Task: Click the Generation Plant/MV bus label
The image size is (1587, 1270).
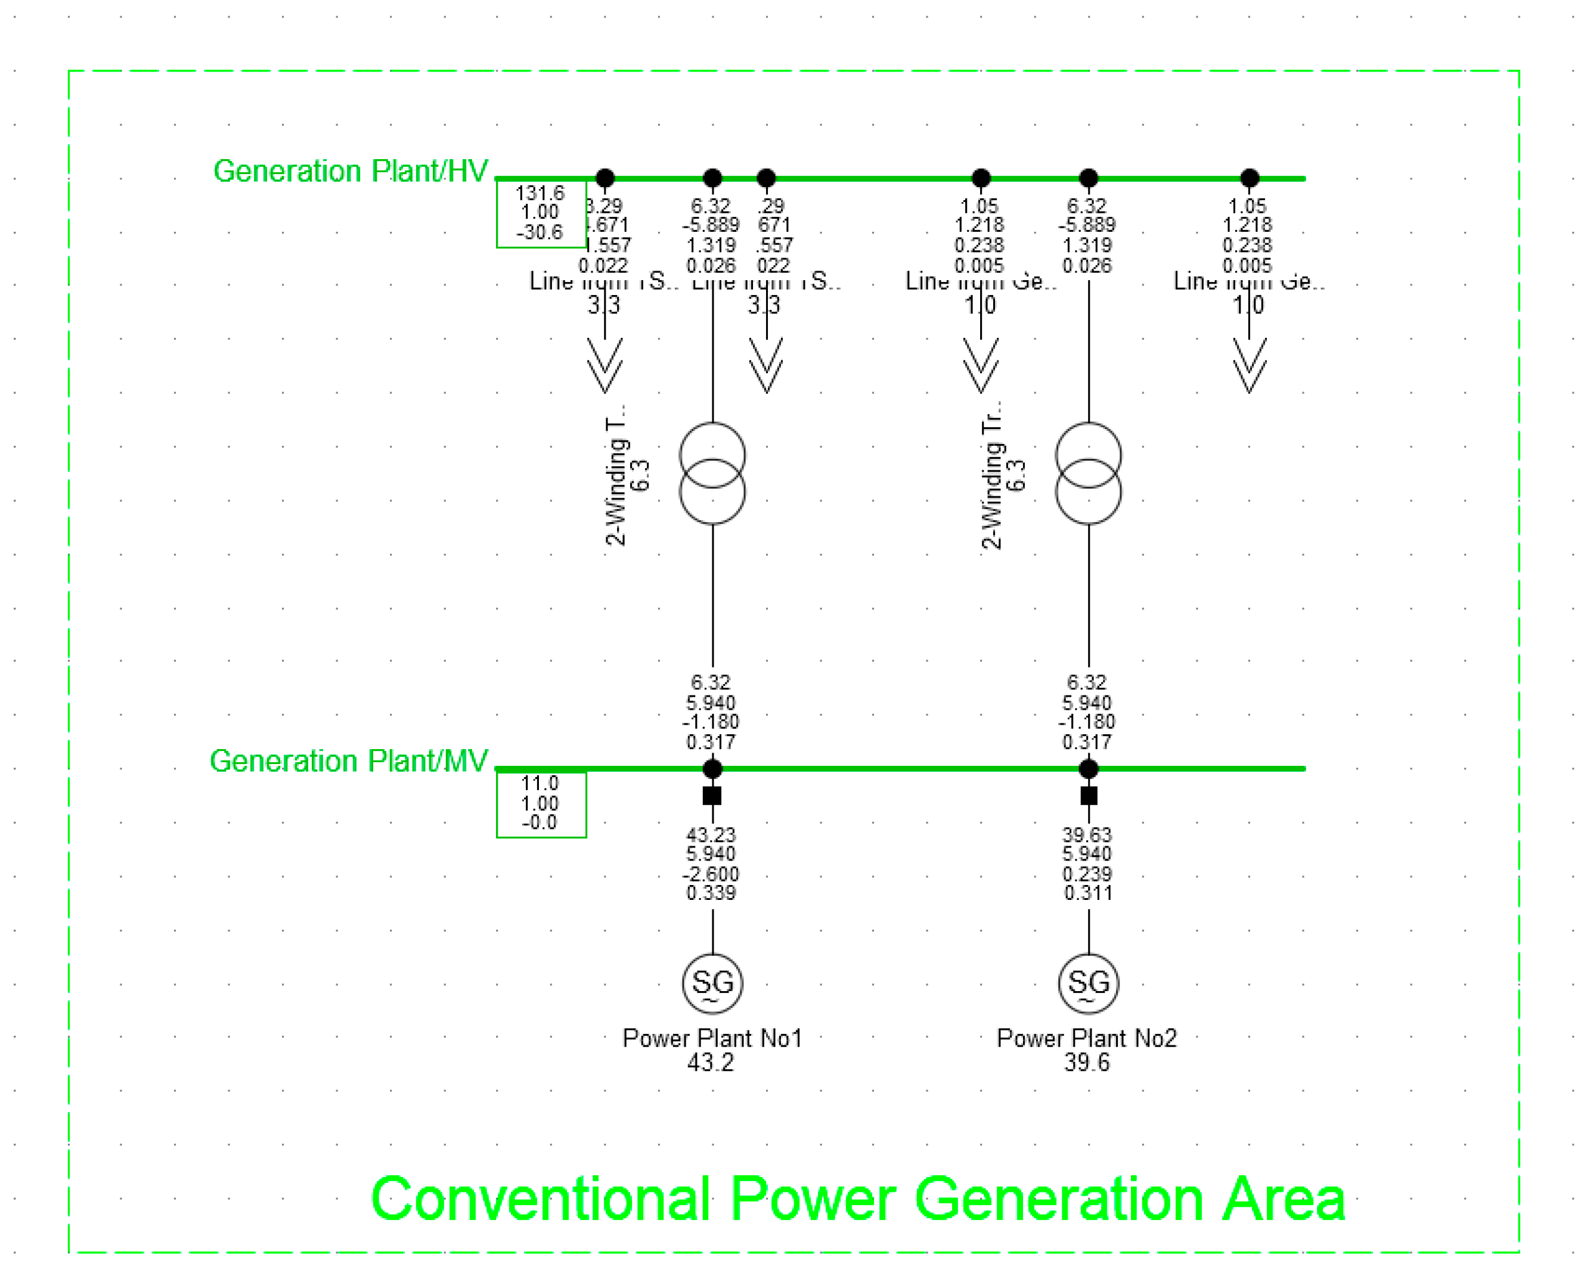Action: point(348,761)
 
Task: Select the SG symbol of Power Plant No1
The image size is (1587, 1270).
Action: point(712,983)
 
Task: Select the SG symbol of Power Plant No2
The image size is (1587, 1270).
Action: point(1088,983)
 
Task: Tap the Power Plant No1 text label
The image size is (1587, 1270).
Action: point(712,1038)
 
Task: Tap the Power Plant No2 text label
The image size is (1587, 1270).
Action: point(1086,1038)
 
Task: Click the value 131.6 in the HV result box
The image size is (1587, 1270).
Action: point(540,192)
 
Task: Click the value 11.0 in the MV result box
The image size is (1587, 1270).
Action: point(540,783)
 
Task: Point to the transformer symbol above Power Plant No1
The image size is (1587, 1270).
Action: point(712,473)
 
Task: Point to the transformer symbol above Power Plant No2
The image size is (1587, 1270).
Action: point(1088,473)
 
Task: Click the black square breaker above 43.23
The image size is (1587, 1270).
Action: point(712,796)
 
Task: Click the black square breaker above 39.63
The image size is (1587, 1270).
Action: point(1089,796)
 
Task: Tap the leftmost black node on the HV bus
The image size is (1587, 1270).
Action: point(605,178)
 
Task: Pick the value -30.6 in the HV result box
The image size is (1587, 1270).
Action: point(540,232)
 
